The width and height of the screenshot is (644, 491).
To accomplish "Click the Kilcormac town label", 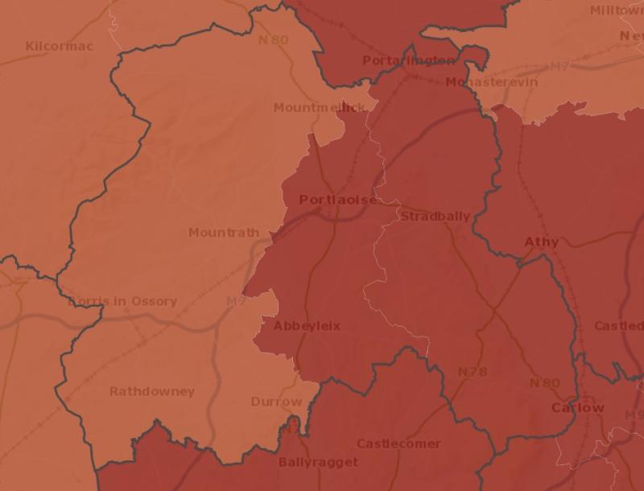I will [x=59, y=46].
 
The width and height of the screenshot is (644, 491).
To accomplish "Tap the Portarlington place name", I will [x=408, y=60].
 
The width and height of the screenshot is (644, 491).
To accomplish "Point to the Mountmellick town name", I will [x=320, y=107].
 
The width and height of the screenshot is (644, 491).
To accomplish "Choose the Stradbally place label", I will [x=435, y=217].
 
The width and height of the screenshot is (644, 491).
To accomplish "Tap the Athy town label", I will [x=541, y=241].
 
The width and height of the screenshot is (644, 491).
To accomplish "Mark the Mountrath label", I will [x=224, y=233].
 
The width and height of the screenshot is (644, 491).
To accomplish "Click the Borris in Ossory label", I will [x=122, y=301].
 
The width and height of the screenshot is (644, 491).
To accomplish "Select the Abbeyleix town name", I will [x=307, y=326].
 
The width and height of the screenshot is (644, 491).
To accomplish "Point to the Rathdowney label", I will [x=152, y=391].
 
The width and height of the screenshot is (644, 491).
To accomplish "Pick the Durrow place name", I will [x=276, y=401].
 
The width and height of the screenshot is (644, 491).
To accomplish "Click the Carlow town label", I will [x=577, y=407].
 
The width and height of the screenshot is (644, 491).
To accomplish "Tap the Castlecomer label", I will [x=398, y=444].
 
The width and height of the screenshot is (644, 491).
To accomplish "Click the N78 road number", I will [x=473, y=372].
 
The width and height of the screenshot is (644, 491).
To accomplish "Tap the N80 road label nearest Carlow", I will [x=544, y=383].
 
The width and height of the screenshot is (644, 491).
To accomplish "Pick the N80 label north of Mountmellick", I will [x=274, y=39].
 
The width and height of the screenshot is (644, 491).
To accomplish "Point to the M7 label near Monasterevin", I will [x=559, y=66].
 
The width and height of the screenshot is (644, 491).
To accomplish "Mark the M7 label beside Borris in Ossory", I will [x=235, y=301].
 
